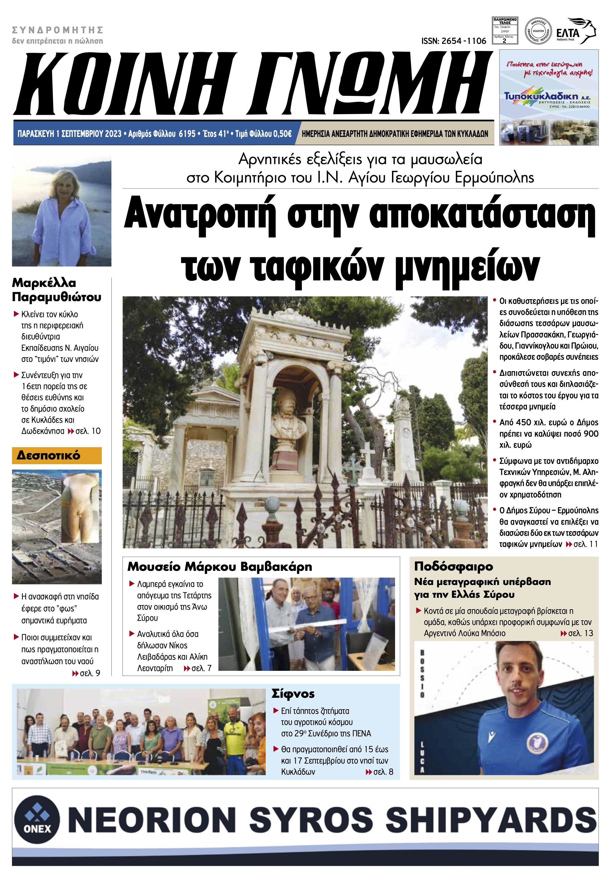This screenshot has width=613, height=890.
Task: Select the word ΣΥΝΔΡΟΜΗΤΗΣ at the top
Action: click(58, 30)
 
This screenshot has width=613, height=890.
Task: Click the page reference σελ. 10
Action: click(88, 431)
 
